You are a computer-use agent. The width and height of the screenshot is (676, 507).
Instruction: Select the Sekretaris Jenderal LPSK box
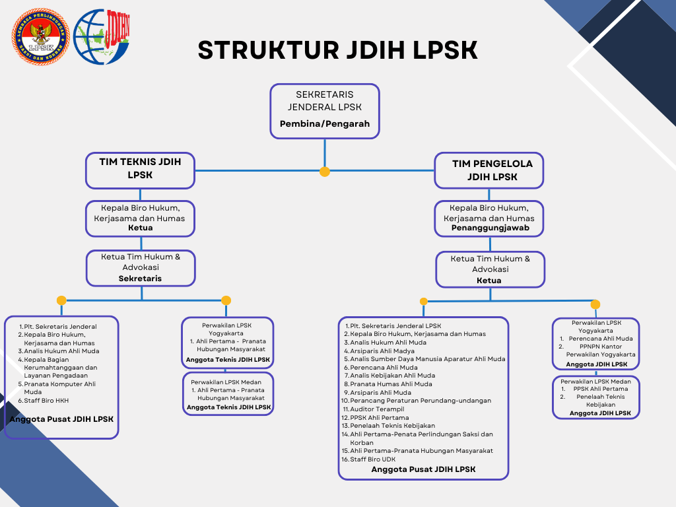point(324,110)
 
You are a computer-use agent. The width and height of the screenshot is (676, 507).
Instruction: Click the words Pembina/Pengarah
point(324,123)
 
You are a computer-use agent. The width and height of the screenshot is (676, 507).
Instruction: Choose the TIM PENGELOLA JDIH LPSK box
point(489,170)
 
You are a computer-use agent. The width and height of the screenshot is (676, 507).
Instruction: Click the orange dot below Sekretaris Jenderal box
point(324,172)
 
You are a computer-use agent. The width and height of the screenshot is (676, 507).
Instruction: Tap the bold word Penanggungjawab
point(489,228)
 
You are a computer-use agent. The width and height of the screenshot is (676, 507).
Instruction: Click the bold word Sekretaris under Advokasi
point(140,279)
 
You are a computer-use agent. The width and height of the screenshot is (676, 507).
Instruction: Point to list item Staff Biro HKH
point(46,400)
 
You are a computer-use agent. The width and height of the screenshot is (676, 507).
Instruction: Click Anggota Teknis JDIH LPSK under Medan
point(228,407)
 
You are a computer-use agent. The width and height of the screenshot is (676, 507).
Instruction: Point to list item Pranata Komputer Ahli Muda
point(59,388)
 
